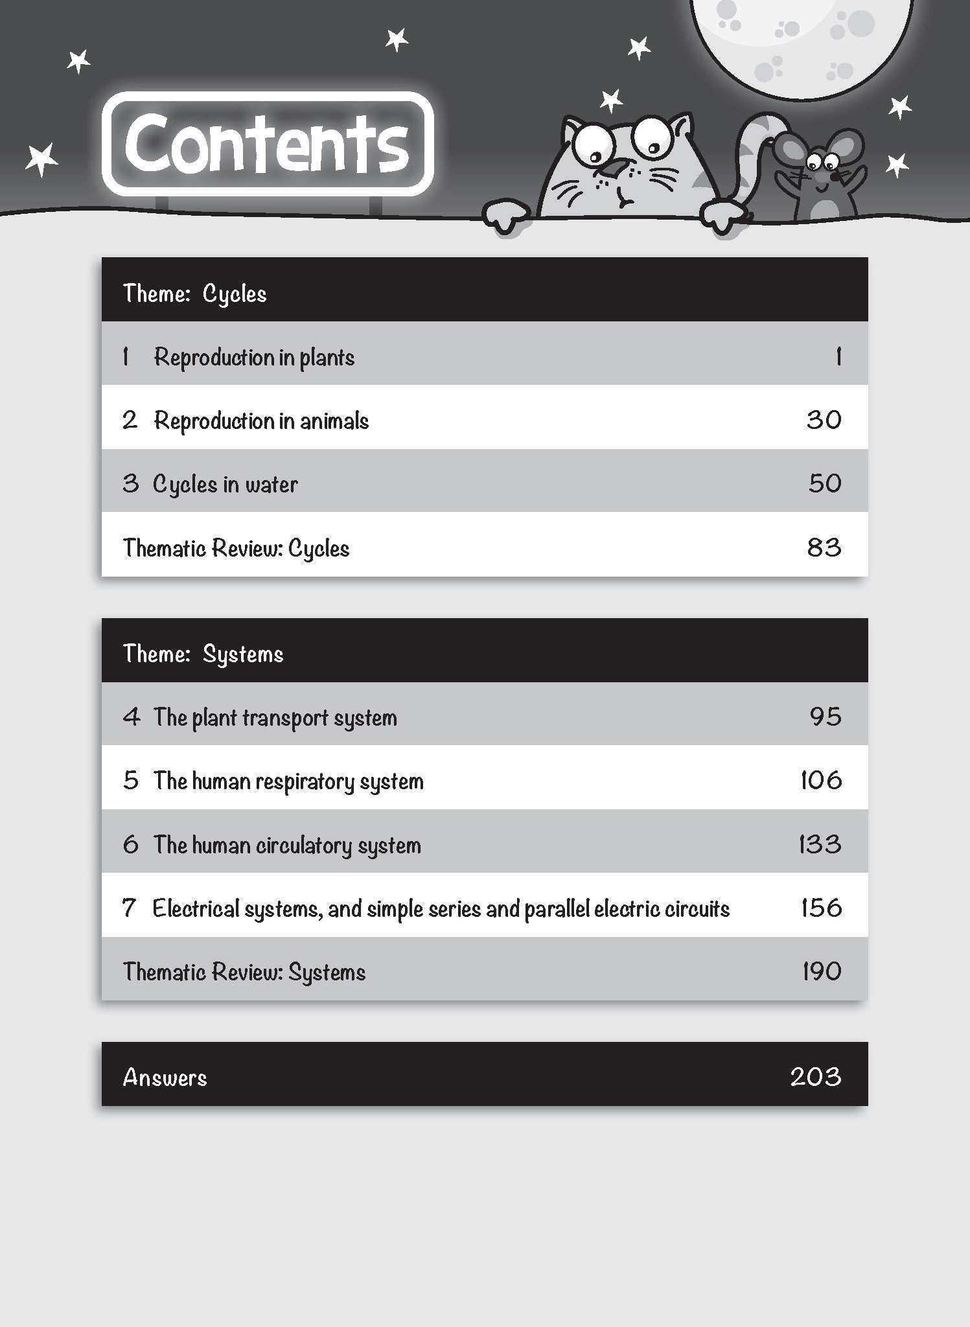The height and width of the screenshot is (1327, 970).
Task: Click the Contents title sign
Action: pos(267,143)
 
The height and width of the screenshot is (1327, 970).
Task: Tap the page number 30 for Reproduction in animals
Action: pos(824,420)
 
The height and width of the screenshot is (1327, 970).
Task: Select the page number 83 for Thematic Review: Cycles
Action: pos(824,548)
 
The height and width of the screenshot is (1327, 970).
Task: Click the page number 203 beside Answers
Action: pos(815,1077)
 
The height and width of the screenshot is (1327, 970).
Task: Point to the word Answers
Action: pos(165,1078)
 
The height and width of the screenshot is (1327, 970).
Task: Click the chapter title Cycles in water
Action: pos(225,485)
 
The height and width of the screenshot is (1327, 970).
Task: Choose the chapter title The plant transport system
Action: pos(275,718)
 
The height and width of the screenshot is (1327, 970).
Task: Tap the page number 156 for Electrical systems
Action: pos(821,908)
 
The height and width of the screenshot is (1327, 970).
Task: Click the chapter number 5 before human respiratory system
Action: pos(131,781)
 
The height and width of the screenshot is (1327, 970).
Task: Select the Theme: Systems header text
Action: pos(203,654)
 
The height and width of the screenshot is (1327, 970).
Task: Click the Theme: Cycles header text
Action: pos(194,294)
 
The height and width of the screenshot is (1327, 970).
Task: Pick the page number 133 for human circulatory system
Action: pos(820,844)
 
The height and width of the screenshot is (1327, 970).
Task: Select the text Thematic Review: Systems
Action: pos(244,972)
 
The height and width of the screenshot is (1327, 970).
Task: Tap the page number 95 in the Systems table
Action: pos(825,717)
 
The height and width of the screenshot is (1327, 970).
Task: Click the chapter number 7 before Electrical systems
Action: pos(129,908)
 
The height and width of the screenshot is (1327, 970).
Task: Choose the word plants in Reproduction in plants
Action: pos(327,358)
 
